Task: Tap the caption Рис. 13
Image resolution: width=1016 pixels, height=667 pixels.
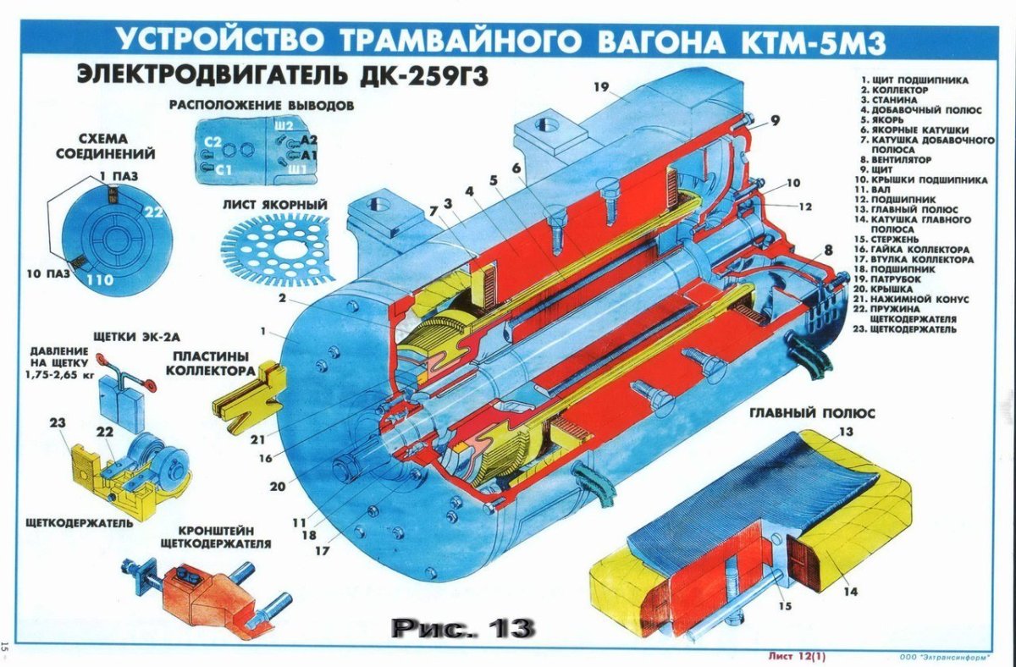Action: point(462,627)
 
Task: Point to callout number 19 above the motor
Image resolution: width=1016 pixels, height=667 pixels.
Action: point(601,88)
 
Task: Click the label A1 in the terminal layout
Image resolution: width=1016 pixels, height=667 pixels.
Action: point(308,156)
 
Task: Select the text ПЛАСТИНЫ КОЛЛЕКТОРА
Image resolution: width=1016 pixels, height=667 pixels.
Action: point(210,363)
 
